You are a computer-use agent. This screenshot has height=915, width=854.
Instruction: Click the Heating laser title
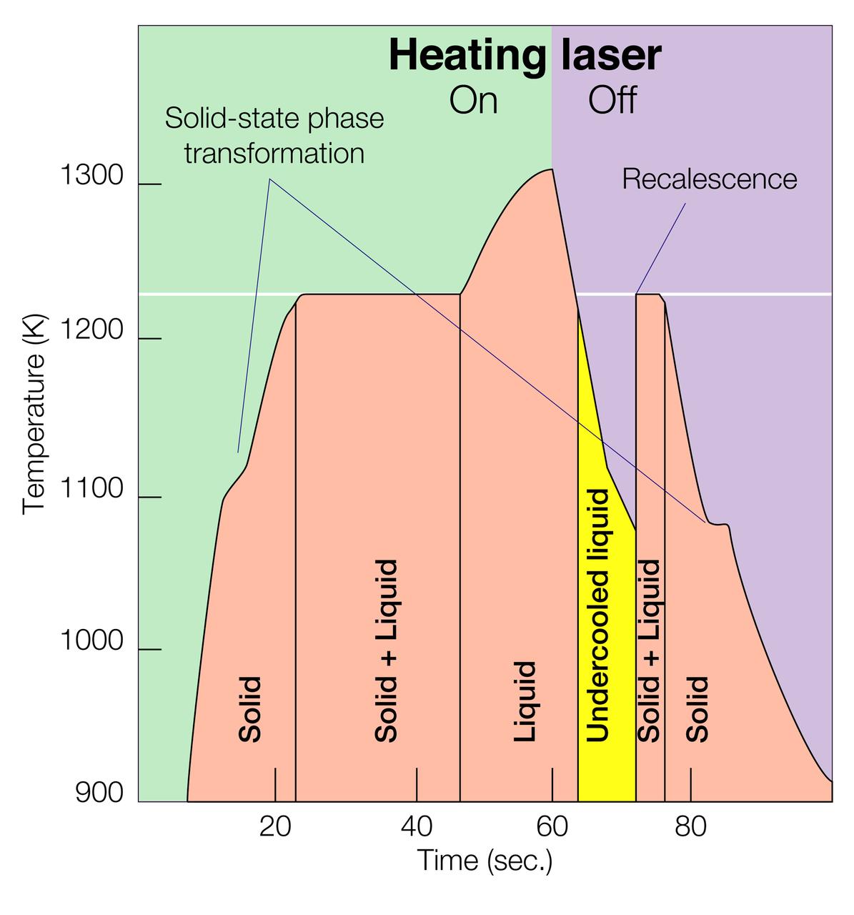click(525, 55)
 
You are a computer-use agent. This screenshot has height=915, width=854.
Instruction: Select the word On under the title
click(473, 101)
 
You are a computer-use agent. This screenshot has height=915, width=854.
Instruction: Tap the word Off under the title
click(612, 101)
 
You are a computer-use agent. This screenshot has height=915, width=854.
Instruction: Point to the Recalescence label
click(709, 179)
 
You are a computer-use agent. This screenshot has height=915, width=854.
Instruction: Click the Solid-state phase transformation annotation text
click(274, 136)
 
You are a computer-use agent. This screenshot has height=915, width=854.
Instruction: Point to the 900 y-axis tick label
click(99, 793)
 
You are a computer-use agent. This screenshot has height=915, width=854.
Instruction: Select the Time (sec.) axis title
click(485, 860)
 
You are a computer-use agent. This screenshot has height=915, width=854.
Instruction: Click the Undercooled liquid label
click(597, 615)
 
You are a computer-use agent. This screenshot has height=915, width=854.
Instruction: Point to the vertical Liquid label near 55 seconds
click(525, 701)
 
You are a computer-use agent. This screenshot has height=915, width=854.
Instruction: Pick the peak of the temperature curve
click(551, 169)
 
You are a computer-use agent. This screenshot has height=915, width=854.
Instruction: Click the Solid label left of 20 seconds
click(249, 708)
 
